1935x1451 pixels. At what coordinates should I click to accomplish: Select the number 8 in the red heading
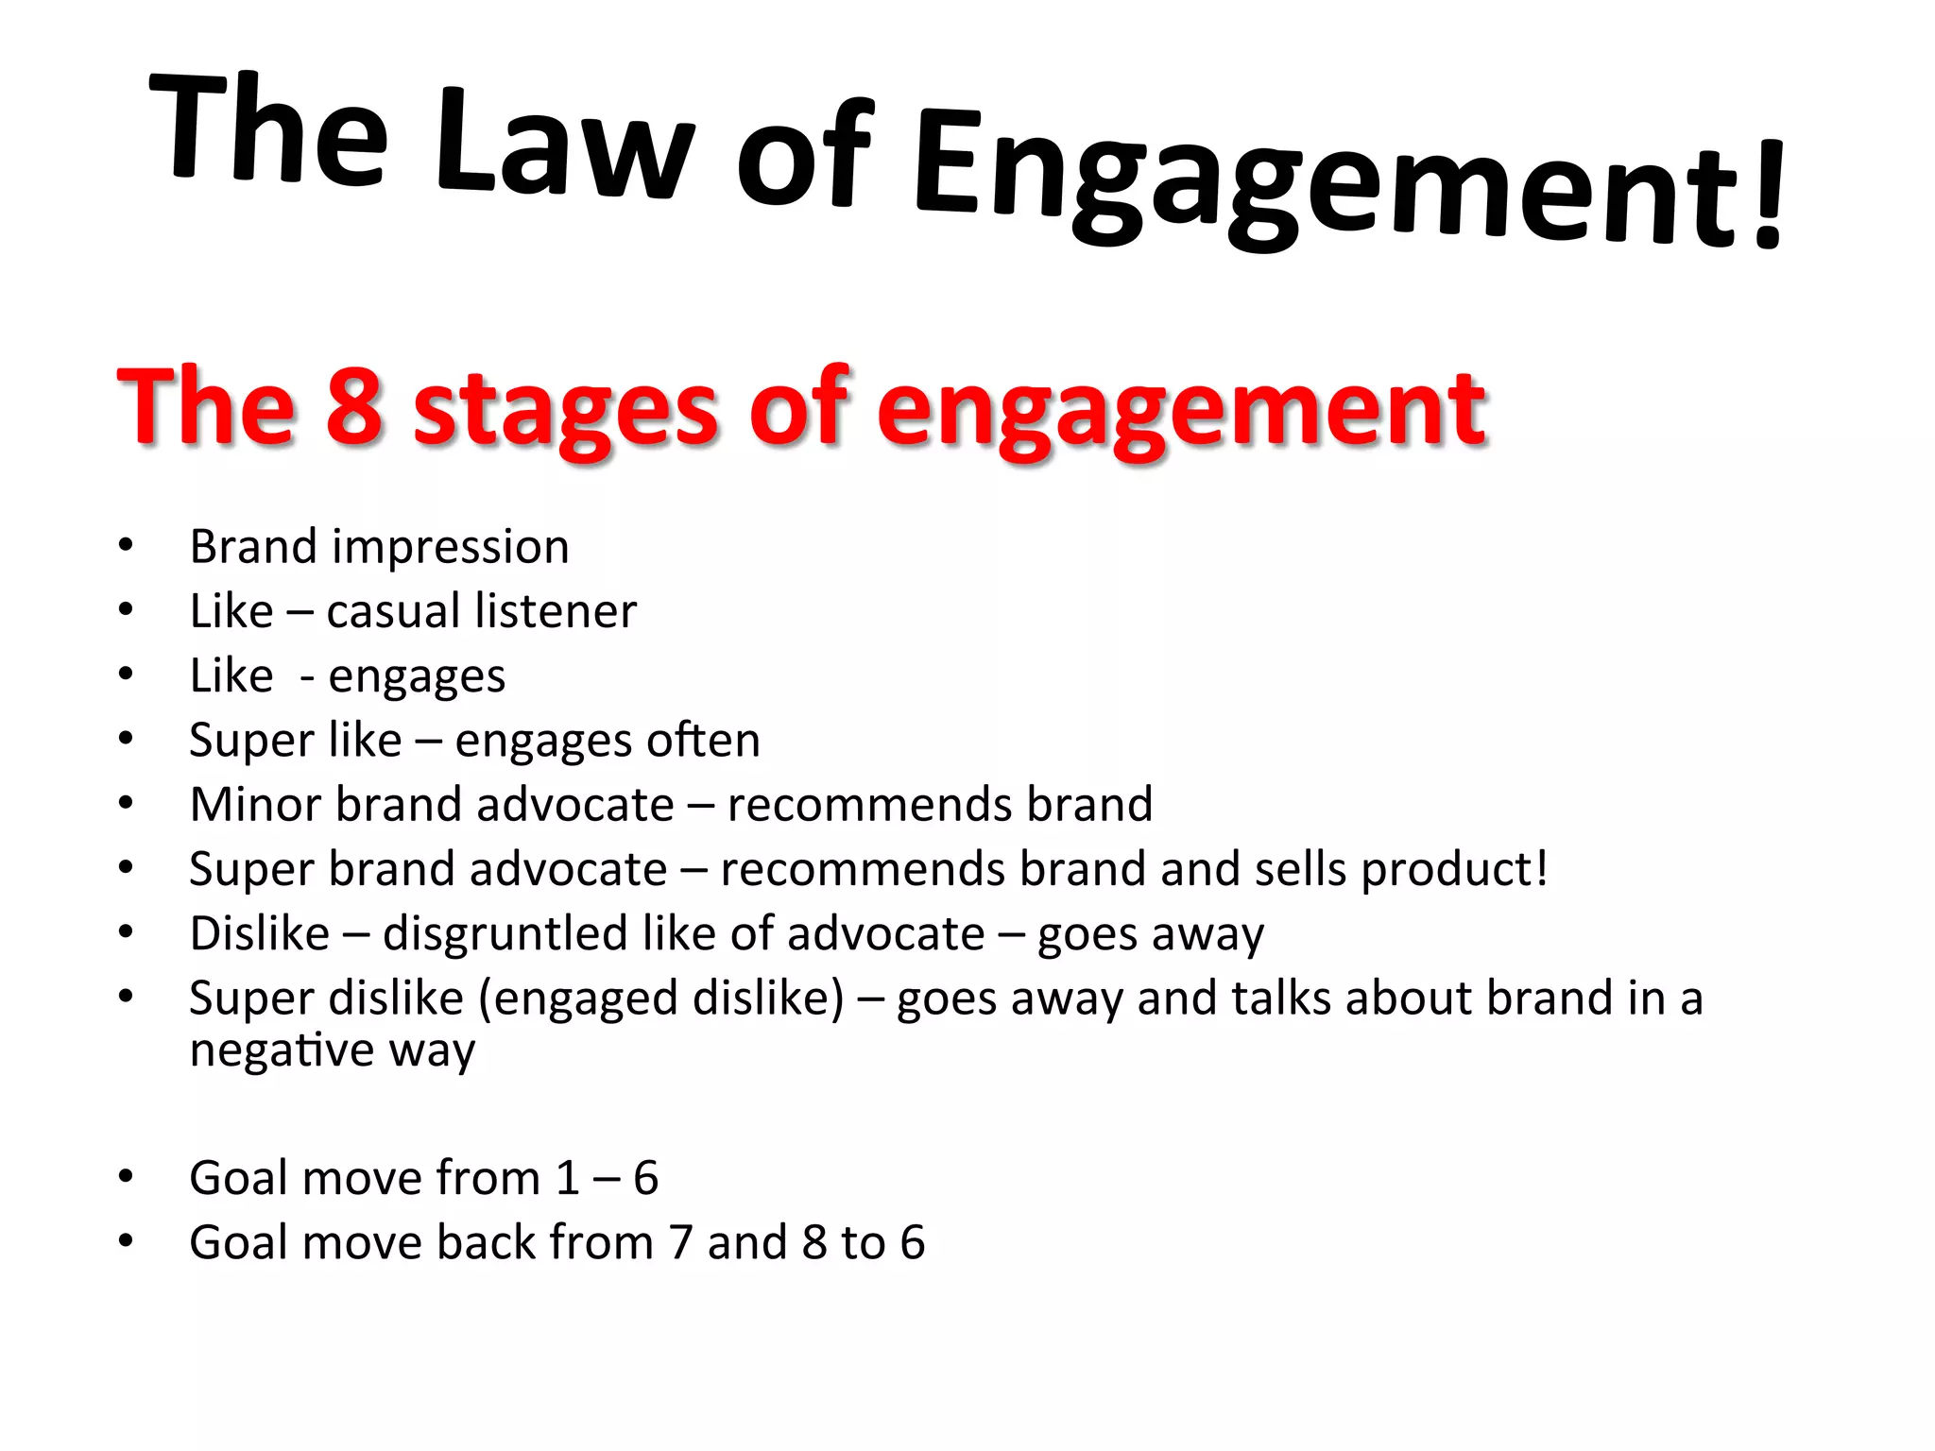[354, 406]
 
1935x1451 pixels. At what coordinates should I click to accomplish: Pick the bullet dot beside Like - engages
[126, 674]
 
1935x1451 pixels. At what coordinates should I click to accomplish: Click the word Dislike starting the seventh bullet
[260, 933]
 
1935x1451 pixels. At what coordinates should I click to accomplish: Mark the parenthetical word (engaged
[577, 999]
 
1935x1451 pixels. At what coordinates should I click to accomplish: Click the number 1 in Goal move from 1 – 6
[568, 1178]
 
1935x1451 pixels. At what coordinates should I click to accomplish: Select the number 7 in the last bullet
[680, 1242]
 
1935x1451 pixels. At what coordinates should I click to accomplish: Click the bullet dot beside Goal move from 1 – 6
[126, 1177]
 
